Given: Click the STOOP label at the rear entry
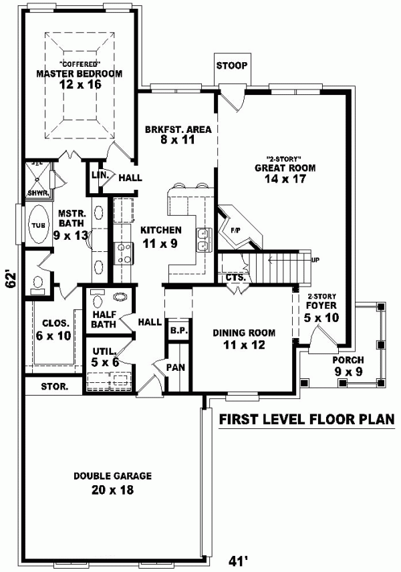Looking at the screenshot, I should coord(232,65).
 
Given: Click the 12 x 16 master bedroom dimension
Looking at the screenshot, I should coord(80,86).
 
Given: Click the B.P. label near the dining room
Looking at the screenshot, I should coord(177,330).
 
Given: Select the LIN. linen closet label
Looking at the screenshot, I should coord(96,174).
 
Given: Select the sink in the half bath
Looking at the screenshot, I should coord(122,297).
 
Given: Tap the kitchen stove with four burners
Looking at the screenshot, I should coord(124,252).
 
